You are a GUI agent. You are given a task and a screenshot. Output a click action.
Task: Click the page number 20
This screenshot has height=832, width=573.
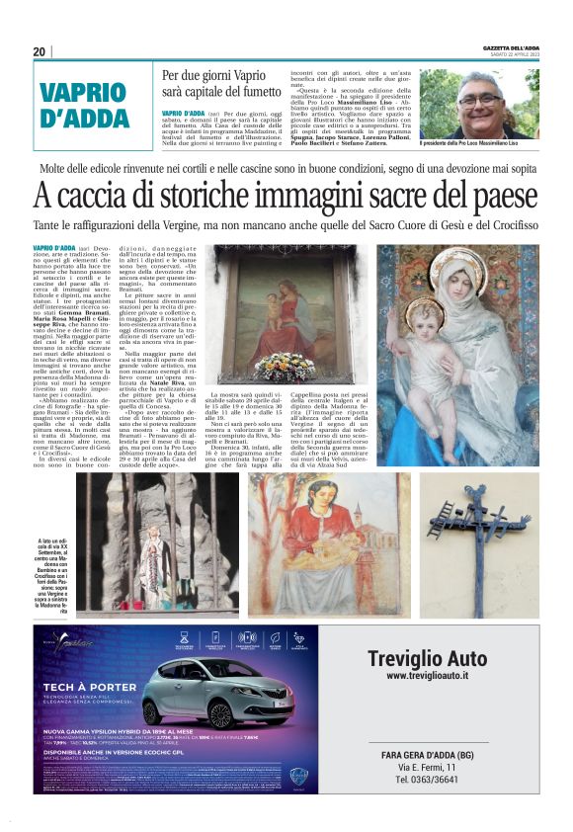(40, 51)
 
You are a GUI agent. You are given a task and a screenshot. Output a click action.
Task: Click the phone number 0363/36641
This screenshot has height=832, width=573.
(428, 779)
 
